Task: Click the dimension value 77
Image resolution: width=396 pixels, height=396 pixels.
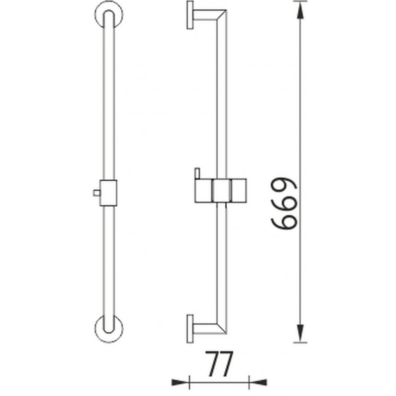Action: [219, 363]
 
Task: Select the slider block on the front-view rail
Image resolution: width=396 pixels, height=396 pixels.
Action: [108, 193]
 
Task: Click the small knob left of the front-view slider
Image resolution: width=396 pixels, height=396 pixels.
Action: [96, 193]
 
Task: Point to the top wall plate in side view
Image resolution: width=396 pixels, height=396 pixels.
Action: [190, 15]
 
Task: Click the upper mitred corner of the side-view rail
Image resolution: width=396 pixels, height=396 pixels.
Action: [221, 15]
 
